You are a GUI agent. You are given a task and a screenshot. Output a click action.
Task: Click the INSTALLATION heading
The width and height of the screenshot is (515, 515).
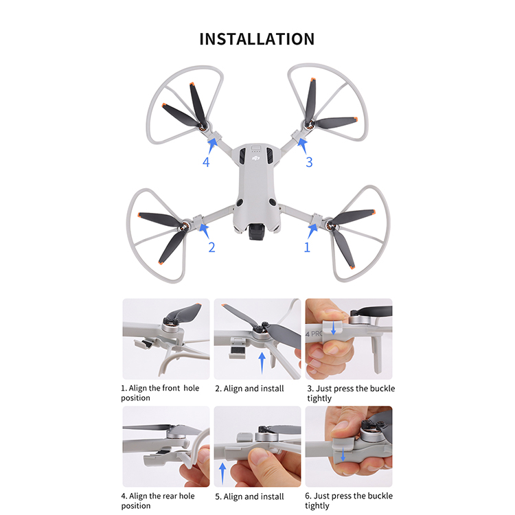click(x=257, y=39)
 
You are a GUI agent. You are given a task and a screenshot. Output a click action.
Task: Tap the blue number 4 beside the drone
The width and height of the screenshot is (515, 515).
click(x=206, y=162)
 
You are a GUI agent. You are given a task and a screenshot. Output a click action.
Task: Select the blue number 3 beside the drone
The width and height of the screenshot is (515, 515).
click(x=309, y=162)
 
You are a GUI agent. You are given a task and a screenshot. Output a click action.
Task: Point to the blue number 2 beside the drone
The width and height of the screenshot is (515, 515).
click(x=212, y=247)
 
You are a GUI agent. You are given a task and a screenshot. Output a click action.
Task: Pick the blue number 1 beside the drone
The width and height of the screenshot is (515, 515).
click(x=307, y=247)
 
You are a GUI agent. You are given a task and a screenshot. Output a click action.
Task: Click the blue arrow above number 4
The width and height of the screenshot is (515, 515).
click(x=212, y=146)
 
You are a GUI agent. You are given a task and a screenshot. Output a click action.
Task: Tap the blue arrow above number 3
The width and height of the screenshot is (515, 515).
click(x=303, y=146)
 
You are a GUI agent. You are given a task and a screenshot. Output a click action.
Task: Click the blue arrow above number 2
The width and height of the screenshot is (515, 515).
click(x=205, y=230)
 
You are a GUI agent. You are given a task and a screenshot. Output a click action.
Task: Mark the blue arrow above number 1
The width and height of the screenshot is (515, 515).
click(x=312, y=231)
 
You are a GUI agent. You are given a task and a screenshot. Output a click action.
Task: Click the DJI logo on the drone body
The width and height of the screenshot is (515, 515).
click(x=255, y=159)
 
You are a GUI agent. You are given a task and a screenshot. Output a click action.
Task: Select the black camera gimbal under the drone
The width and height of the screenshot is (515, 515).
click(x=257, y=231)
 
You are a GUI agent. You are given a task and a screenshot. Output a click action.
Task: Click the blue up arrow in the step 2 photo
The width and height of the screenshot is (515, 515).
click(x=262, y=363)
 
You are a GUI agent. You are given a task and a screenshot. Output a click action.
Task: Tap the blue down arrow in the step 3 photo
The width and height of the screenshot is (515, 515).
click(x=333, y=328)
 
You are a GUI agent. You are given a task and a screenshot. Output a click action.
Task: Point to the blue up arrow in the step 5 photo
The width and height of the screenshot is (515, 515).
click(x=222, y=473)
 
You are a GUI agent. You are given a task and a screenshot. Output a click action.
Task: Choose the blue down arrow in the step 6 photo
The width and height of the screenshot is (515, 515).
click(x=343, y=455)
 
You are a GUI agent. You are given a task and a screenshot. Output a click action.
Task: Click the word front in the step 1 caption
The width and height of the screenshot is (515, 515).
click(x=171, y=388)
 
